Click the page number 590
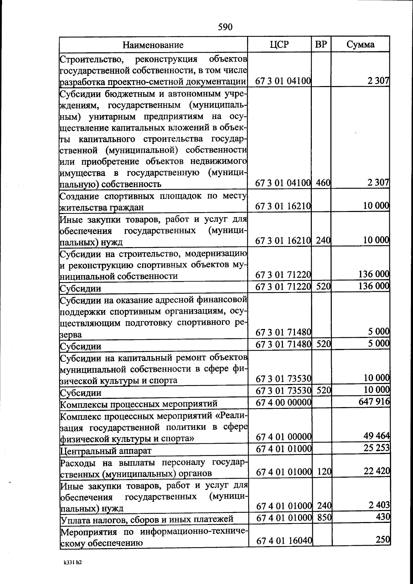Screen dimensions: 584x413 tap(225, 27)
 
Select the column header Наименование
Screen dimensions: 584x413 tap(153, 45)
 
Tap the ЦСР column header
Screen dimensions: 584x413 tap(279, 44)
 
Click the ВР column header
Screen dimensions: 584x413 tap(321, 44)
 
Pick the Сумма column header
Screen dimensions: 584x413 tap(360, 44)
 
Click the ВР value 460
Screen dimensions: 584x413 tap(323, 183)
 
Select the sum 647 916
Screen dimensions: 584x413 tap(374, 402)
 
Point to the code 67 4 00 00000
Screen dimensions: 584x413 tap(284, 402)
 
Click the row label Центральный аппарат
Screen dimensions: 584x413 tap(106, 450)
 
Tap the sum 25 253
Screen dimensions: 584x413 tap(377, 448)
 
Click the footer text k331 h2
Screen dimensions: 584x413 tap(72, 563)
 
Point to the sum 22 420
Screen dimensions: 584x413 tap(377, 471)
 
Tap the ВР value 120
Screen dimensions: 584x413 tap(324, 471)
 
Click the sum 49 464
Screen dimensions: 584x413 tap(377, 436)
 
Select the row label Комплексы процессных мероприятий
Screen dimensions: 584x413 tap(139, 403)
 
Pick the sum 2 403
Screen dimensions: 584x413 tap(379, 505)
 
